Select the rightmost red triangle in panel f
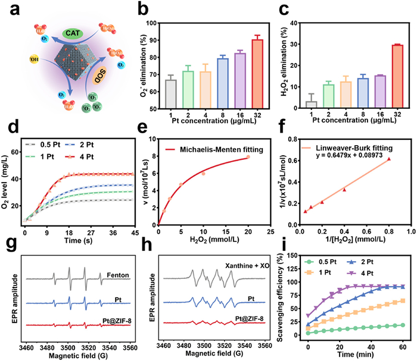tap(389, 159)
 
